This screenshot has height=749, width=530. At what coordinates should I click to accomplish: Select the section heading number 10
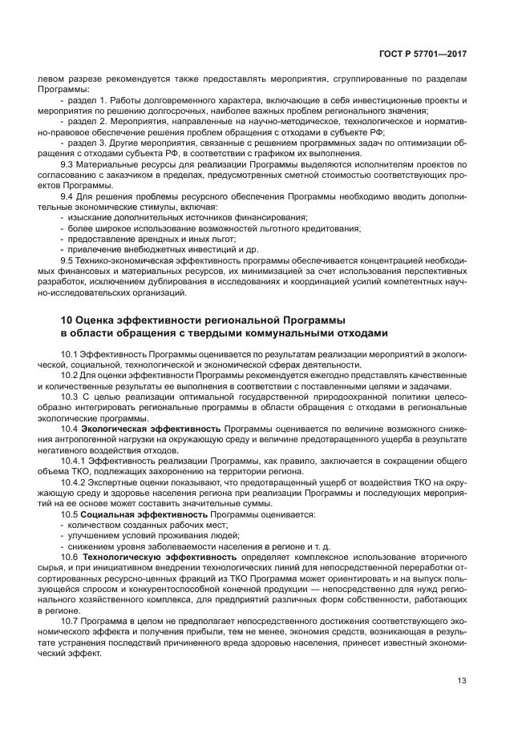67,320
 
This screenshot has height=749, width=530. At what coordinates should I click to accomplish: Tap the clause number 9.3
68,163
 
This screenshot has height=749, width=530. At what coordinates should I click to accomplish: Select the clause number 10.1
71,353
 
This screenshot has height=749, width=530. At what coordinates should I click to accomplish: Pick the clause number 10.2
71,374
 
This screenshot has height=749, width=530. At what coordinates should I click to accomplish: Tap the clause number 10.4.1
74,460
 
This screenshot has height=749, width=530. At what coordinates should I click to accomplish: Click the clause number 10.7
71,621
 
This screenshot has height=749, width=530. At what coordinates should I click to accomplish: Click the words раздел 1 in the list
83,100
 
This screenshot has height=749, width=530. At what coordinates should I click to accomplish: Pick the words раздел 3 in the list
83,142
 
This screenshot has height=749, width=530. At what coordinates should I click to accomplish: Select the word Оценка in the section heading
101,320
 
